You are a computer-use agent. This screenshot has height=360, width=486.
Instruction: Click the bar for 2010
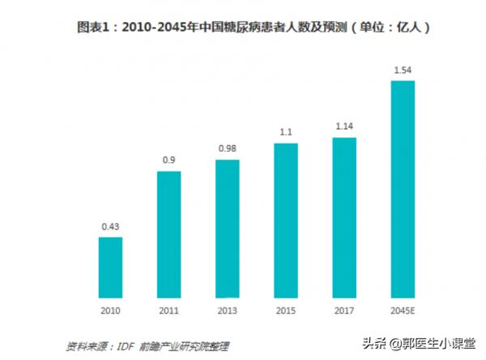click(110, 267)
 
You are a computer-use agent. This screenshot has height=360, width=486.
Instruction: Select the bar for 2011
click(168, 234)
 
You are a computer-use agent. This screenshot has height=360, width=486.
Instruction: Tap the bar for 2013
click(227, 228)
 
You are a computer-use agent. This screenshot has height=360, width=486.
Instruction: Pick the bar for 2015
click(285, 220)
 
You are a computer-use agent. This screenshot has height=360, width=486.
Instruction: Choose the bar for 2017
click(344, 217)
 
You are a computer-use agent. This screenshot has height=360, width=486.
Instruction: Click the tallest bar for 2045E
click(403, 188)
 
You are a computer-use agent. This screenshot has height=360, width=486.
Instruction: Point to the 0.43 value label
click(110, 226)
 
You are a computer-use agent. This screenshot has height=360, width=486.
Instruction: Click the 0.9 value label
click(168, 161)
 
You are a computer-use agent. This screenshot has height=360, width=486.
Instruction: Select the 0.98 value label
click(227, 148)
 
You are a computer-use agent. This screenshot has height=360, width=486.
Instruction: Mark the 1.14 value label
click(344, 126)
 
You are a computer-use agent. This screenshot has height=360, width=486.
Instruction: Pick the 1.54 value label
click(403, 71)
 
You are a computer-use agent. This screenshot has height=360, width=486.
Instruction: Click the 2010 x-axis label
click(110, 310)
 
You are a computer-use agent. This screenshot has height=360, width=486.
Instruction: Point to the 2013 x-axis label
click(227, 310)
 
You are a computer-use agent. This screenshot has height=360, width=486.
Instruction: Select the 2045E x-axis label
click(403, 310)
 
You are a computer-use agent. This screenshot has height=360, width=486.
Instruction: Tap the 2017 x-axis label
click(344, 310)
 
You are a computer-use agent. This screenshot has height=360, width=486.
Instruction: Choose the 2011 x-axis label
click(168, 310)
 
